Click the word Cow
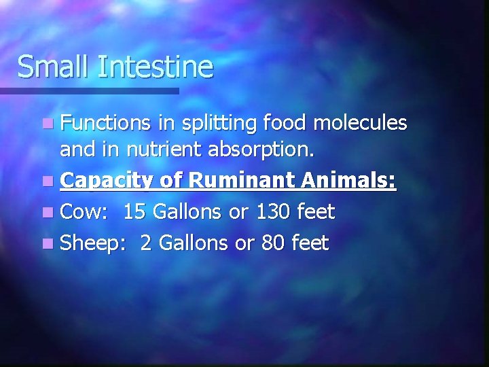tap(84, 212)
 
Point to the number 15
tap(134, 212)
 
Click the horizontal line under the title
tap(88, 90)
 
